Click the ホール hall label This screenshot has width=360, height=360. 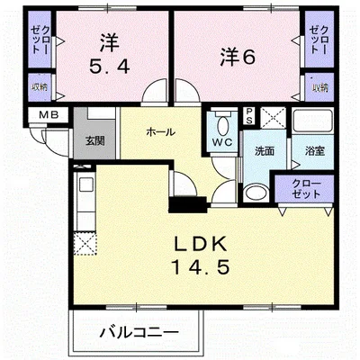[x=159, y=132]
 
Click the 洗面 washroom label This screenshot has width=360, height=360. [x=264, y=151]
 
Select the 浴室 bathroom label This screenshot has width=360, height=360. [x=314, y=151]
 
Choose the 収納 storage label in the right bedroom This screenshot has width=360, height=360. [x=318, y=86]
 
